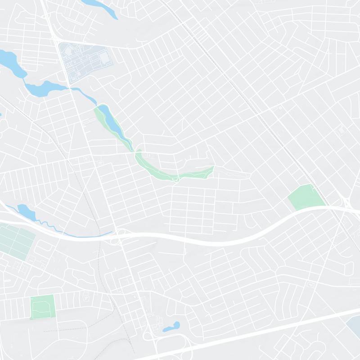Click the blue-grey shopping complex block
[85, 61]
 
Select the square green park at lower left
[42, 307]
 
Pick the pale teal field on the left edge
[16, 241]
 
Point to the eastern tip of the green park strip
[211, 169]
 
